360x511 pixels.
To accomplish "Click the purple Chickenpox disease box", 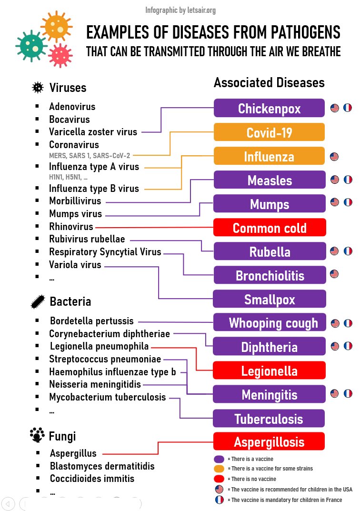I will [269, 108].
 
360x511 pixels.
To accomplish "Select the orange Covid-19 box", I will [269, 132].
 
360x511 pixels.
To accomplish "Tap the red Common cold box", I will [270, 228].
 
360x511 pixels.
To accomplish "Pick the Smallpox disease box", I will [270, 299].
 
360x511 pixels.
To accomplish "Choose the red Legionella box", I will [269, 371].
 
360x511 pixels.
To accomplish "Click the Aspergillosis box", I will [269, 441].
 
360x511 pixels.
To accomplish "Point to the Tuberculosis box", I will [269, 419].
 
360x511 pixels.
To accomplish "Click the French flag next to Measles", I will [348, 180].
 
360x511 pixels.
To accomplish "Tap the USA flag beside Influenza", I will [334, 156].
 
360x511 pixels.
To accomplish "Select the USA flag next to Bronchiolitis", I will [334, 274].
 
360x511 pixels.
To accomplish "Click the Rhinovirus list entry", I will [71, 227].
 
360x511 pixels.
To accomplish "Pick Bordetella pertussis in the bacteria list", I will [91, 321].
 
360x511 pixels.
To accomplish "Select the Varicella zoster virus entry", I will [93, 132].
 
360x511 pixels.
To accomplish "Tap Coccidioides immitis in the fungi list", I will [91, 478].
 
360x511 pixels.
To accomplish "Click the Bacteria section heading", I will [70, 301].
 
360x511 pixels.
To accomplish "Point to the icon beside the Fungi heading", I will [37, 435].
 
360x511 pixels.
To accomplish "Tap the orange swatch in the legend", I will [219, 469].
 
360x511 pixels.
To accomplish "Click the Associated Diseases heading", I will [269, 82].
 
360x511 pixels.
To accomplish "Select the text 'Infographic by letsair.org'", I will [180, 10].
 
